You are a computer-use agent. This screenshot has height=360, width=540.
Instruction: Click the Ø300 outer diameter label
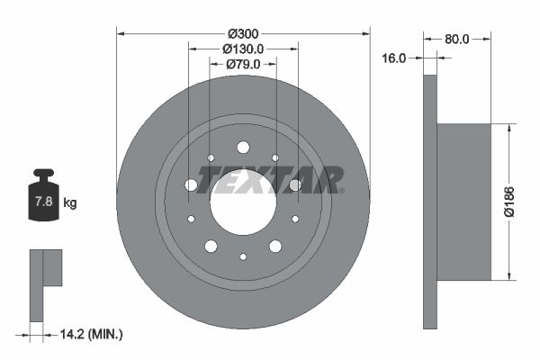[243, 33]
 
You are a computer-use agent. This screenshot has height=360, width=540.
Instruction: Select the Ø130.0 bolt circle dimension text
[243, 49]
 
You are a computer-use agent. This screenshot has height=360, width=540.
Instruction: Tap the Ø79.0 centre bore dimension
[243, 64]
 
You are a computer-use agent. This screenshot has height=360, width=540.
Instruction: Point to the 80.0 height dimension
[457, 39]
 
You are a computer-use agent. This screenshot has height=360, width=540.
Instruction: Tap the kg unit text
[70, 202]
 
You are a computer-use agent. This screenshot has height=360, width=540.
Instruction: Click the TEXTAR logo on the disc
[270, 180]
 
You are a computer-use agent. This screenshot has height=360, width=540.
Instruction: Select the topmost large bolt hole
[243, 147]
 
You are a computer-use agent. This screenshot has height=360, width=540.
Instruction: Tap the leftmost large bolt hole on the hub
[191, 184]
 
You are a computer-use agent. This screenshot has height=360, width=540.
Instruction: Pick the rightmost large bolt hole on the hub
[295, 184]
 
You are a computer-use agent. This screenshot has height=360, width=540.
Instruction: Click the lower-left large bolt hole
[211, 246]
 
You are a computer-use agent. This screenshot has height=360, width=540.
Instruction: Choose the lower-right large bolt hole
[275, 246]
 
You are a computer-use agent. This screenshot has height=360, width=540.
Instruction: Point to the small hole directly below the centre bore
[243, 256]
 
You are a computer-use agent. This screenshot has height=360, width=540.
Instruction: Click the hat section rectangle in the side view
[463, 201]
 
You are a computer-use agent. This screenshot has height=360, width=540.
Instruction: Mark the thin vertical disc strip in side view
[429, 201]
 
